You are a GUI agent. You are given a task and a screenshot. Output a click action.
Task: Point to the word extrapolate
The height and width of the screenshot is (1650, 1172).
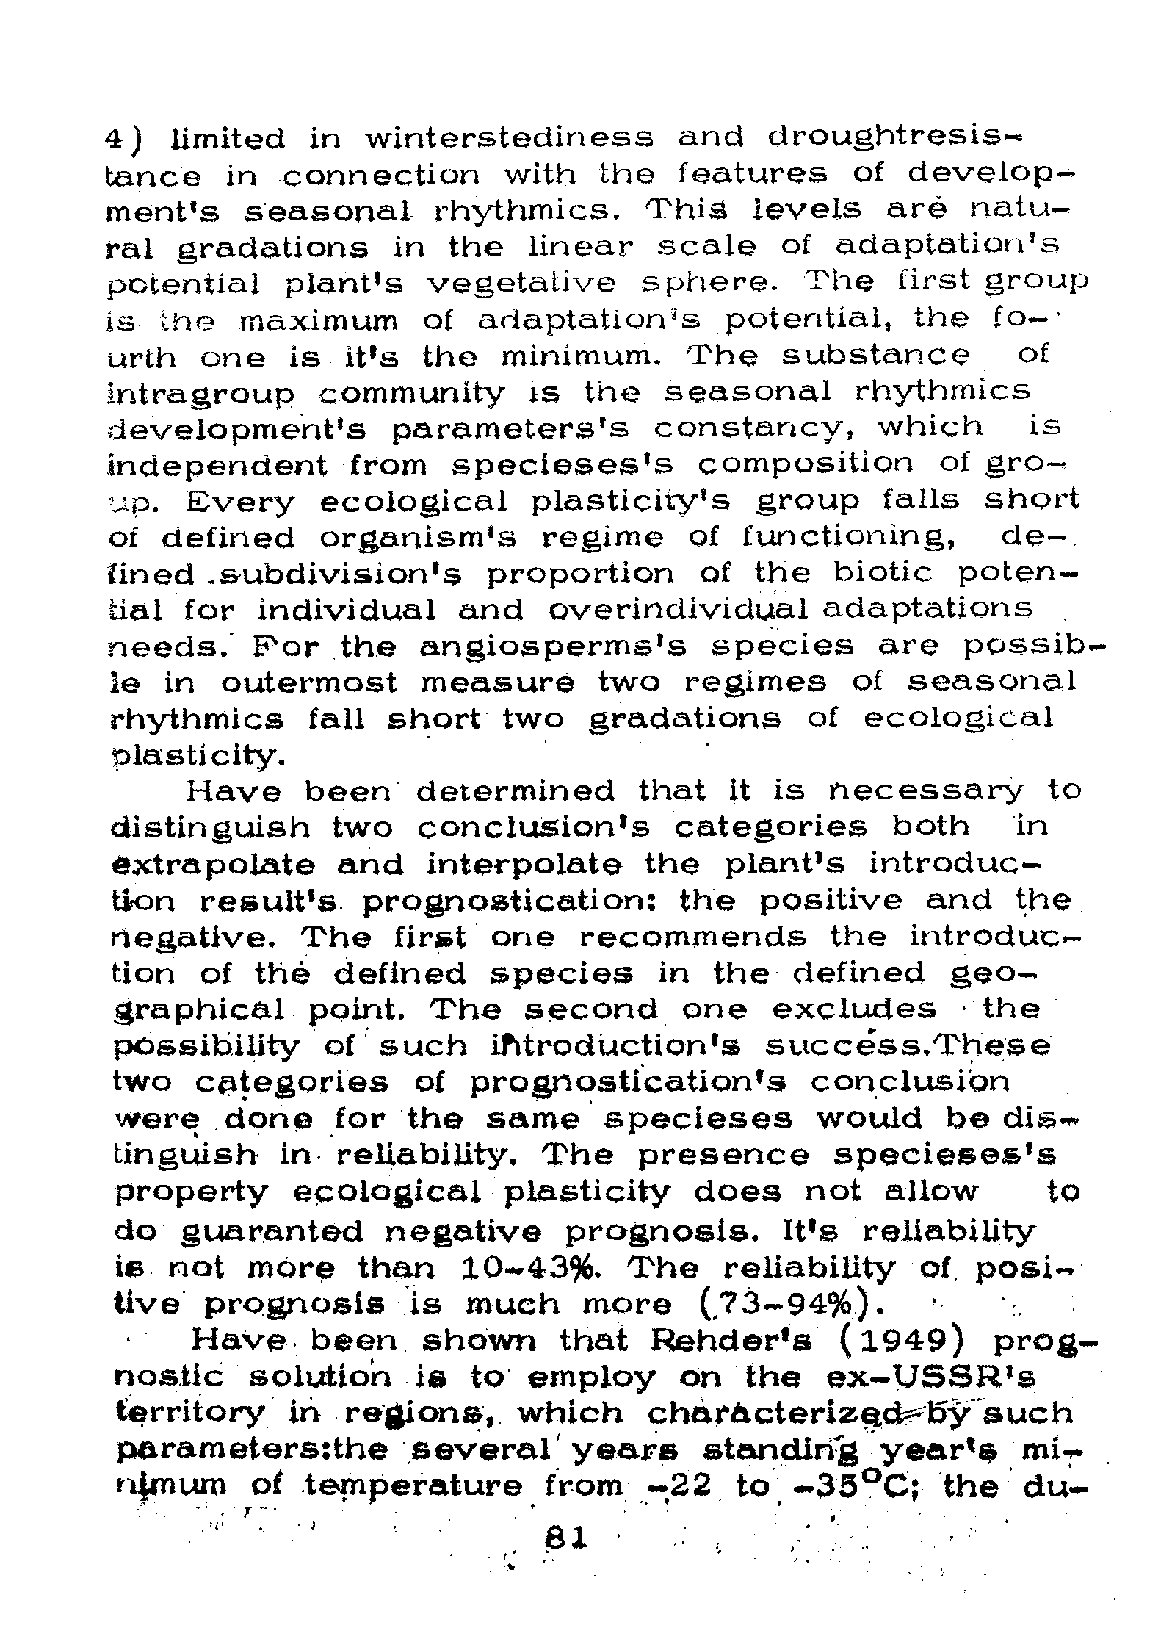coord(213,865)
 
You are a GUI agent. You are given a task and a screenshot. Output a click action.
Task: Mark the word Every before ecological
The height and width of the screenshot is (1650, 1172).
coord(240,502)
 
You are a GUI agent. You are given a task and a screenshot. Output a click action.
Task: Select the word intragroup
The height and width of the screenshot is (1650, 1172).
coord(200,393)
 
